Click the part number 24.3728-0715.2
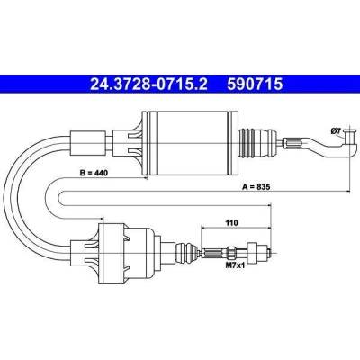click(148, 84)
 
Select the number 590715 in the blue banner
click(255, 84)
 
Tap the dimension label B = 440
click(94, 173)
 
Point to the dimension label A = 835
click(256, 187)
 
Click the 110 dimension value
click(231, 223)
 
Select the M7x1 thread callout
click(235, 265)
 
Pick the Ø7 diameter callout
click(336, 130)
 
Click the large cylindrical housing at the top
click(191, 143)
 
